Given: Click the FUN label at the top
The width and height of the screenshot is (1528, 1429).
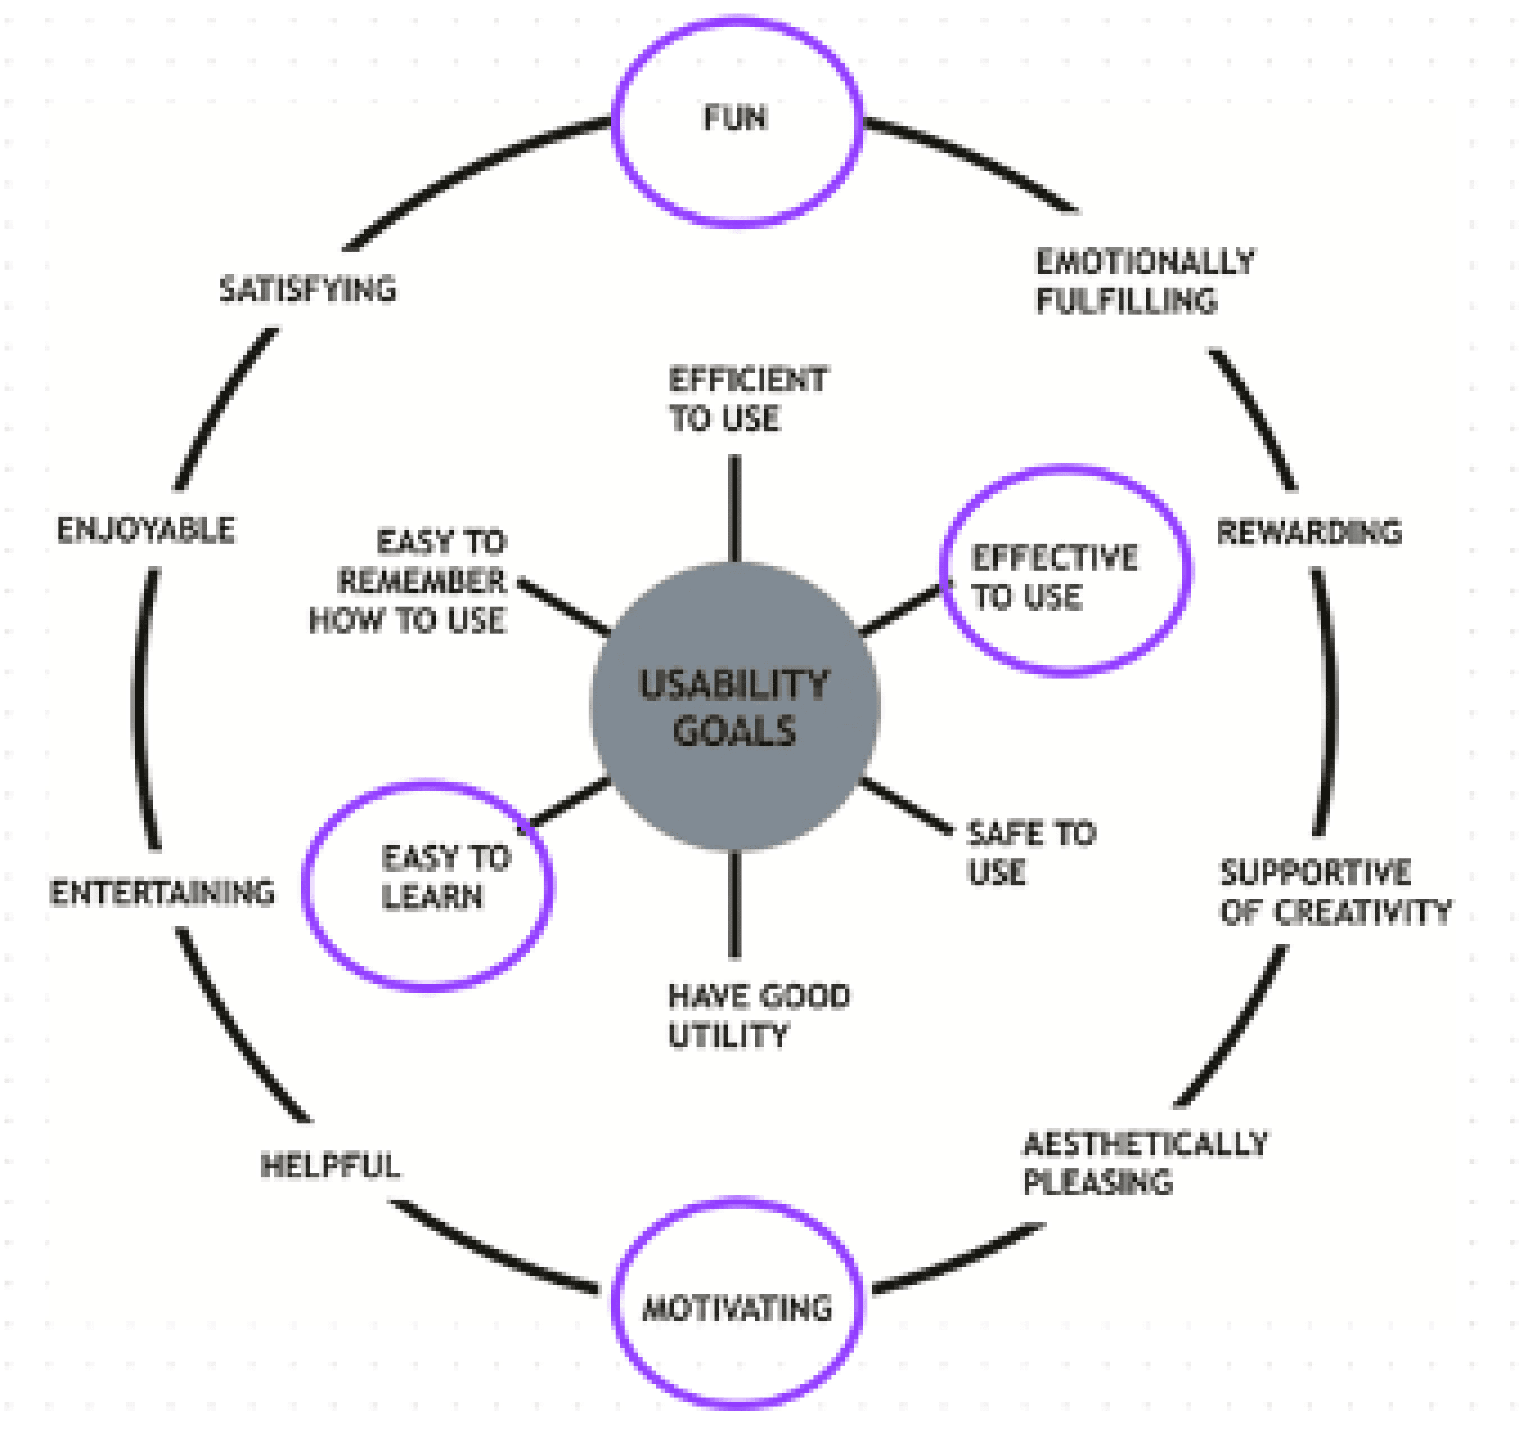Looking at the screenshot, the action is coord(736,118).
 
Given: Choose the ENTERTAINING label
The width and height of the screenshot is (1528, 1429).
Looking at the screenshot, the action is coord(162,893).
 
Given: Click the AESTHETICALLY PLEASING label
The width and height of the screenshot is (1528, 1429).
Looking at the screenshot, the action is coord(1145,1162).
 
